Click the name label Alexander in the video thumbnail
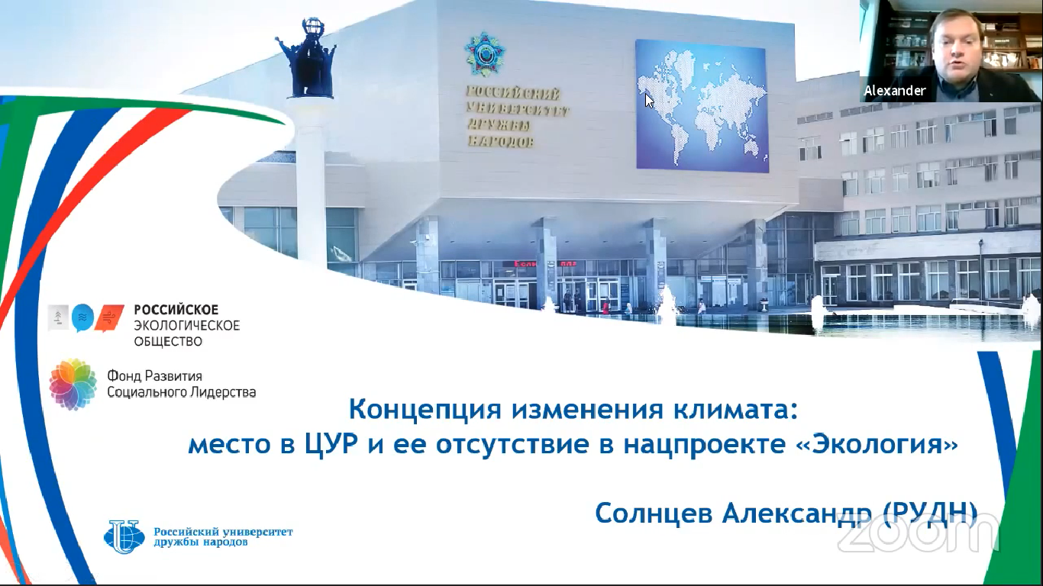pyautogui.click(x=894, y=90)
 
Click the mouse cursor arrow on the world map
pyautogui.click(x=649, y=101)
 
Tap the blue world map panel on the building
pyautogui.click(x=702, y=105)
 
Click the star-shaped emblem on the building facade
pyautogui.click(x=484, y=54)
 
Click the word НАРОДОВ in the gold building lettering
pyautogui.click(x=500, y=140)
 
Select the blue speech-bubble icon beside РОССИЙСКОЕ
pyautogui.click(x=82, y=317)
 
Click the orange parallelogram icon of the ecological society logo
pyautogui.click(x=109, y=318)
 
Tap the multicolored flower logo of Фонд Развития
pyautogui.click(x=73, y=385)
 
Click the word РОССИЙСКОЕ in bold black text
pyautogui.click(x=176, y=310)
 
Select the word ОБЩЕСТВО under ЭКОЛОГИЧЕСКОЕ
pyautogui.click(x=168, y=342)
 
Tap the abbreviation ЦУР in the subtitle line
pyautogui.click(x=331, y=445)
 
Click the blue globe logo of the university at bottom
pyautogui.click(x=124, y=536)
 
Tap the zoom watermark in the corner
pyautogui.click(x=918, y=533)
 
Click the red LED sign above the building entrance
pyautogui.click(x=545, y=264)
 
